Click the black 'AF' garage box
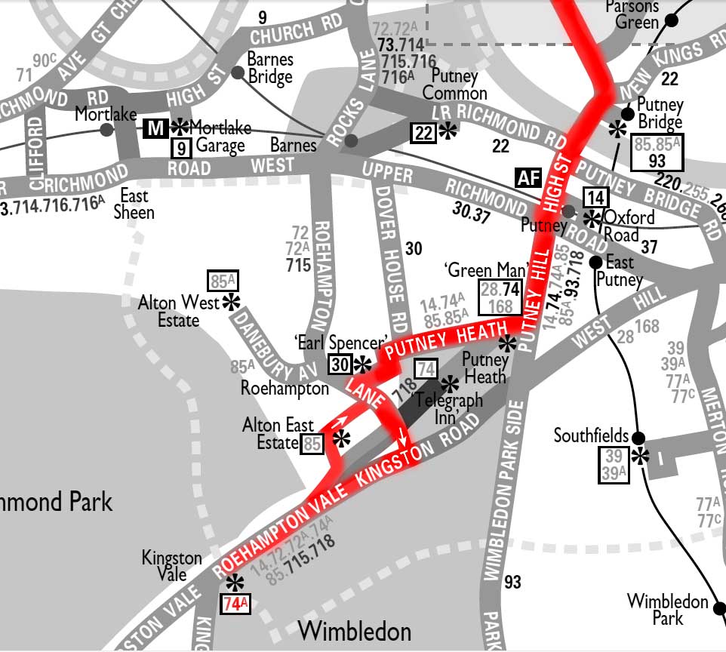click(x=528, y=177)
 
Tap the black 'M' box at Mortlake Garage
click(x=155, y=128)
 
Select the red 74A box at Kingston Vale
click(x=235, y=603)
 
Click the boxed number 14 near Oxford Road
click(x=595, y=198)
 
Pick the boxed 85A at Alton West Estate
click(x=223, y=281)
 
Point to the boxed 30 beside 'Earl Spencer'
click(x=340, y=364)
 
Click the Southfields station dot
click(x=638, y=438)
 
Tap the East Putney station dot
click(x=595, y=262)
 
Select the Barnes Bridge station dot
click(x=238, y=72)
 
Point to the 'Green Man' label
click(x=475, y=270)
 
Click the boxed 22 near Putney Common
click(x=423, y=132)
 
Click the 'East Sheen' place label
click(x=134, y=205)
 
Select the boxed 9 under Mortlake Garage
click(x=181, y=148)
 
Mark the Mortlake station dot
click(x=107, y=130)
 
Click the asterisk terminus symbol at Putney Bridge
click(x=617, y=129)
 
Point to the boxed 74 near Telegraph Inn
click(x=426, y=368)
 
